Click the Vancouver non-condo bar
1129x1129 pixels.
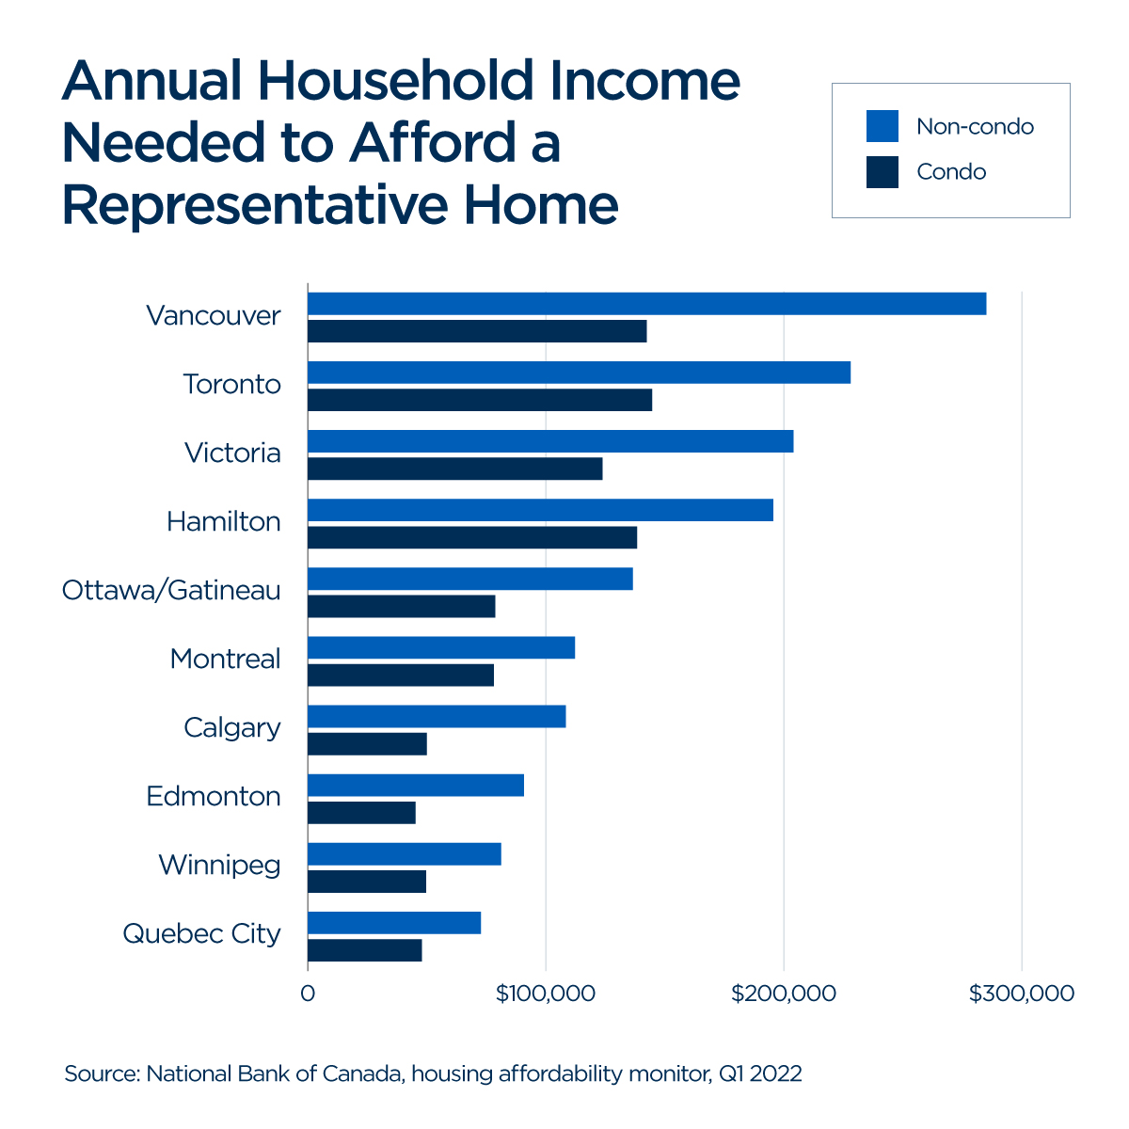point(646,304)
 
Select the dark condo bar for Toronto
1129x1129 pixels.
point(480,400)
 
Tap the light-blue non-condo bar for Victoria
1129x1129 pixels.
point(550,441)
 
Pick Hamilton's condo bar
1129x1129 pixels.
point(472,537)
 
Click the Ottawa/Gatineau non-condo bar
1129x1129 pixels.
point(470,579)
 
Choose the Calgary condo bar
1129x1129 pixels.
point(367,743)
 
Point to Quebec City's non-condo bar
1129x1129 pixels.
point(394,923)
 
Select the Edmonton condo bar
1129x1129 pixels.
point(361,812)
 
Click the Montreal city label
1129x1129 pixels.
point(225,659)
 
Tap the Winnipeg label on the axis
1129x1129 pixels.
point(219,865)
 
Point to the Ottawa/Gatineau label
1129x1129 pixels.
point(171,590)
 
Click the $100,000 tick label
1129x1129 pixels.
point(545,994)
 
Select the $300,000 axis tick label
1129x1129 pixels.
point(1022,994)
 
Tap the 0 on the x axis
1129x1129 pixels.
point(308,994)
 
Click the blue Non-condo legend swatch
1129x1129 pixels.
point(882,126)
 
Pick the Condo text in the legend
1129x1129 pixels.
point(951,172)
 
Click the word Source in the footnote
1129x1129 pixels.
point(101,1073)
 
